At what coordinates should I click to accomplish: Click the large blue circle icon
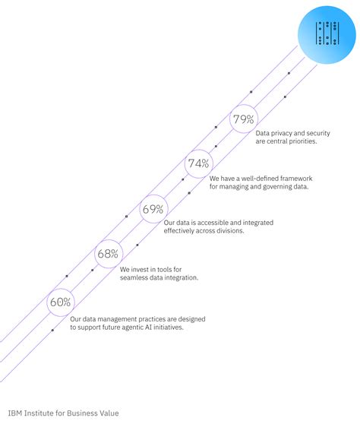click(x=327, y=35)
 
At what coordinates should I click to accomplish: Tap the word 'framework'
click(x=296, y=179)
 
